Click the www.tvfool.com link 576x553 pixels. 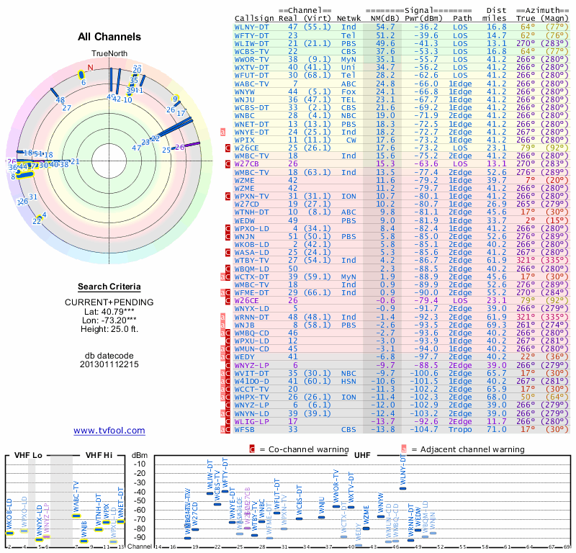coord(109,431)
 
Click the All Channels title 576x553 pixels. coord(109,36)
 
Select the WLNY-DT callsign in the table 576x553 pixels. coord(252,26)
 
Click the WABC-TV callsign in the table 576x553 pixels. coord(252,82)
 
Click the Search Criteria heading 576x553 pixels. coord(109,287)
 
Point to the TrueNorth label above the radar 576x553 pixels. coord(108,53)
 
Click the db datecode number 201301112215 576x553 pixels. coord(109,364)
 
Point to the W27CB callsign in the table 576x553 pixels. coord(248,164)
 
